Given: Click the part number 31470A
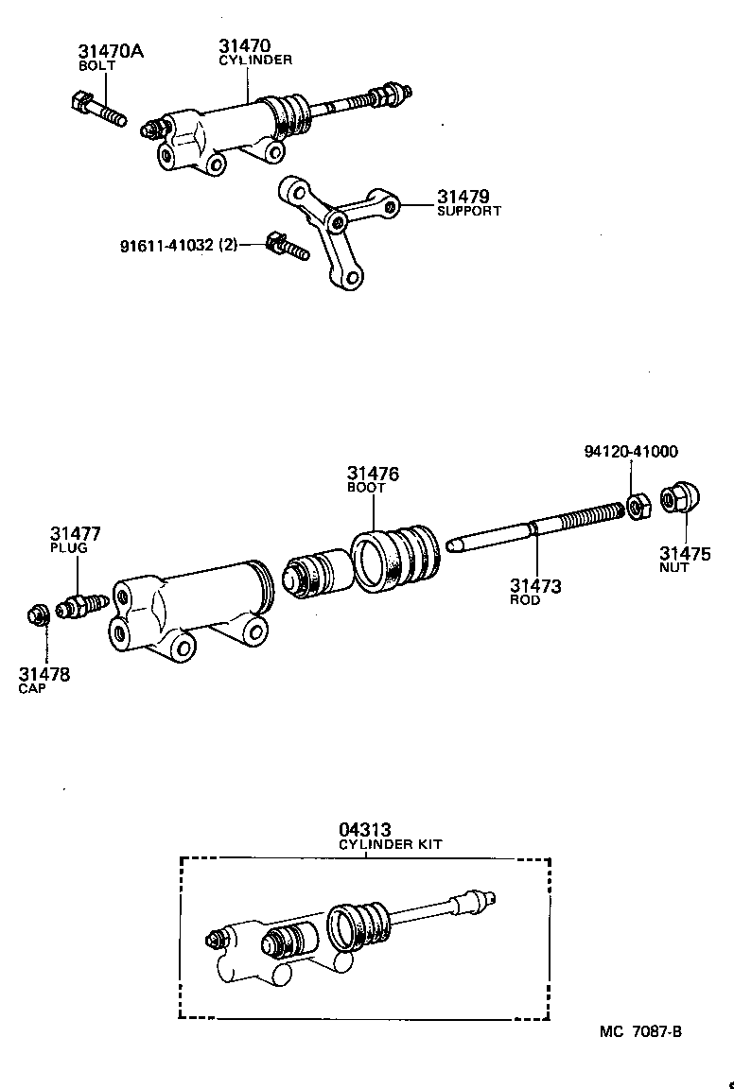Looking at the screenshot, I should point(110,51).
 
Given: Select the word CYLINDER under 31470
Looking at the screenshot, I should point(255,59).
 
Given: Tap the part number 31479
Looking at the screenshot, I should point(463,197).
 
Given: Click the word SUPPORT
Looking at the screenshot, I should point(468,211).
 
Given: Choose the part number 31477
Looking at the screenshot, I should point(76,534).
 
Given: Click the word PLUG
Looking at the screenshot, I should point(68,547).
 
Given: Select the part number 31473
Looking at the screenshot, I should point(535,586).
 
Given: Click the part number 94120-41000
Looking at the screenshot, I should point(630,452).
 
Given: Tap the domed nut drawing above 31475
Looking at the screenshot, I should point(678,498).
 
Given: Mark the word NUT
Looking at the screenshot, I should point(673,567).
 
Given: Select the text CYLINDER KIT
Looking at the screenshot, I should point(391,843).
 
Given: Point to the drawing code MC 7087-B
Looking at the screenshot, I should point(639,1030).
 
